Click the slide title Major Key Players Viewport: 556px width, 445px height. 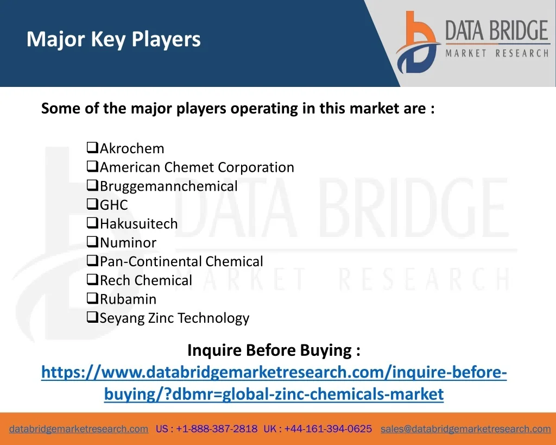[x=113, y=39]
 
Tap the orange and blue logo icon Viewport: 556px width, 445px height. [x=418, y=42]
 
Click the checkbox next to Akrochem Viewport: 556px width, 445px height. [x=92, y=147]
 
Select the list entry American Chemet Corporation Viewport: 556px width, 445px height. [x=197, y=167]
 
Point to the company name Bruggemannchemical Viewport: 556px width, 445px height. [x=169, y=186]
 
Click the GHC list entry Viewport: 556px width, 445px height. [x=114, y=205]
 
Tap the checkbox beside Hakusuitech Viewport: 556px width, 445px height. [x=92, y=223]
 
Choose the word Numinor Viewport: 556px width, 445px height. [x=128, y=243]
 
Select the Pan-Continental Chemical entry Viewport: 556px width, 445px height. [x=181, y=261]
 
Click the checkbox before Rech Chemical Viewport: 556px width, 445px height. [x=92, y=279]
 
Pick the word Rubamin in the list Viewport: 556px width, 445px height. [x=128, y=299]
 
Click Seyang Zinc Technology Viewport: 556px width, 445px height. [x=174, y=318]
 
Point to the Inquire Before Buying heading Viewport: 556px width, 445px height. [x=274, y=350]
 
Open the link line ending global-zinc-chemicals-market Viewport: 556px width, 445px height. [x=274, y=394]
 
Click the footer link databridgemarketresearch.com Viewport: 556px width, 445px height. [x=79, y=429]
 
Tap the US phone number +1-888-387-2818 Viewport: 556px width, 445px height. [x=217, y=429]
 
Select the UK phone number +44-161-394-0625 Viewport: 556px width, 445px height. [x=328, y=429]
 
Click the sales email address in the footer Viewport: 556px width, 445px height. [x=465, y=429]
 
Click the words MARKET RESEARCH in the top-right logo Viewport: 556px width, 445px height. [x=497, y=53]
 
